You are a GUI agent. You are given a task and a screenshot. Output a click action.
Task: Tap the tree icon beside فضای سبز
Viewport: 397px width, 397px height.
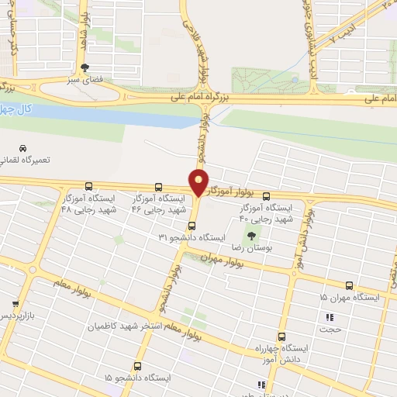[x=95, y=67]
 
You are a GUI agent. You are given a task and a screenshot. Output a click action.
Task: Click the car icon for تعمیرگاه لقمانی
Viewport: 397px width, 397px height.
[x=23, y=148]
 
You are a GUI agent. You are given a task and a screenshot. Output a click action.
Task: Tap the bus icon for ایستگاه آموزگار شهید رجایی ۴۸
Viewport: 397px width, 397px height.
[x=88, y=187]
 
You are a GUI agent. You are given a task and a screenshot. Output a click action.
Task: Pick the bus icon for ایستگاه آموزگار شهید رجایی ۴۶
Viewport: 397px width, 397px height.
[x=159, y=187]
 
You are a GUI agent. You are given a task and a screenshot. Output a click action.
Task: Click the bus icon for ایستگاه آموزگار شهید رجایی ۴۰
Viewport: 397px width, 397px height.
[x=267, y=196]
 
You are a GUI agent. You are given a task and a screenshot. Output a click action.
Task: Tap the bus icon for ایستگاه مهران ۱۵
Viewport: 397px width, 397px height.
[x=349, y=285]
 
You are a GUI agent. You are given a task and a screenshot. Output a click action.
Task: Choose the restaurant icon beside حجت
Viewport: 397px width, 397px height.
[x=330, y=316]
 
